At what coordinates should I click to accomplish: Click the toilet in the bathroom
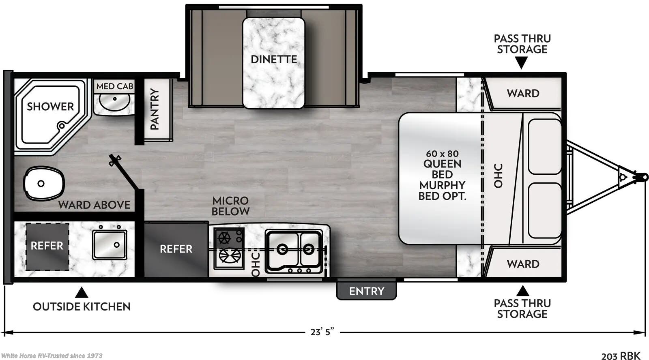click(44, 183)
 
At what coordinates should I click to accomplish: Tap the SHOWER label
click(50, 107)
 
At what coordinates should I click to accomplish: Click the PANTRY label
click(154, 109)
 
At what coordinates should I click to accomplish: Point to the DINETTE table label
click(274, 59)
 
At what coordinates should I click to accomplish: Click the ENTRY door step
click(366, 291)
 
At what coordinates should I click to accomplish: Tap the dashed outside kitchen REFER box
click(47, 246)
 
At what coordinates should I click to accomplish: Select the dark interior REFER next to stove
click(176, 249)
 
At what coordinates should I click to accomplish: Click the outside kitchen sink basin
click(110, 244)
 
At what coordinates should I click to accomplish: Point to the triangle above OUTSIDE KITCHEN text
click(82, 292)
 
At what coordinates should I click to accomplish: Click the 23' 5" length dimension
click(322, 332)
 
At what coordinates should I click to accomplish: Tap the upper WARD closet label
click(523, 94)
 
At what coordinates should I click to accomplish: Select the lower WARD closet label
click(523, 264)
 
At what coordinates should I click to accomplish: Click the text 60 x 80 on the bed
click(442, 154)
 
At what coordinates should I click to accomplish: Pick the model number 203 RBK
click(621, 356)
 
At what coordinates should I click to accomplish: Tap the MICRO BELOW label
click(230, 206)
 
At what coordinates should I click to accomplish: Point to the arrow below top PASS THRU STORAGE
click(522, 62)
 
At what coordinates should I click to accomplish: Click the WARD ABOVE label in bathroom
click(94, 205)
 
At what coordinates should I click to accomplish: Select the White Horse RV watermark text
click(52, 356)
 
